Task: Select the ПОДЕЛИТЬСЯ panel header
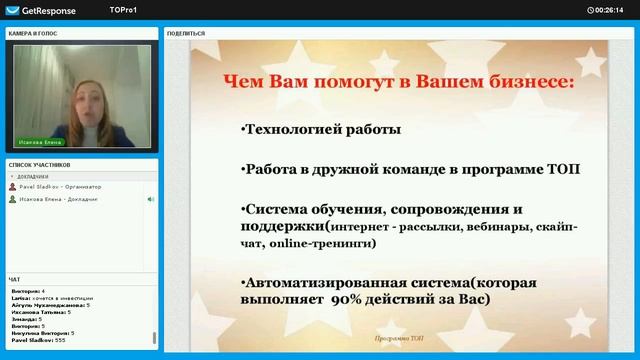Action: [186, 33]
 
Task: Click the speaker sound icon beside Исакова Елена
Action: [151, 199]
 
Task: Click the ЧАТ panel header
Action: [14, 279]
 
